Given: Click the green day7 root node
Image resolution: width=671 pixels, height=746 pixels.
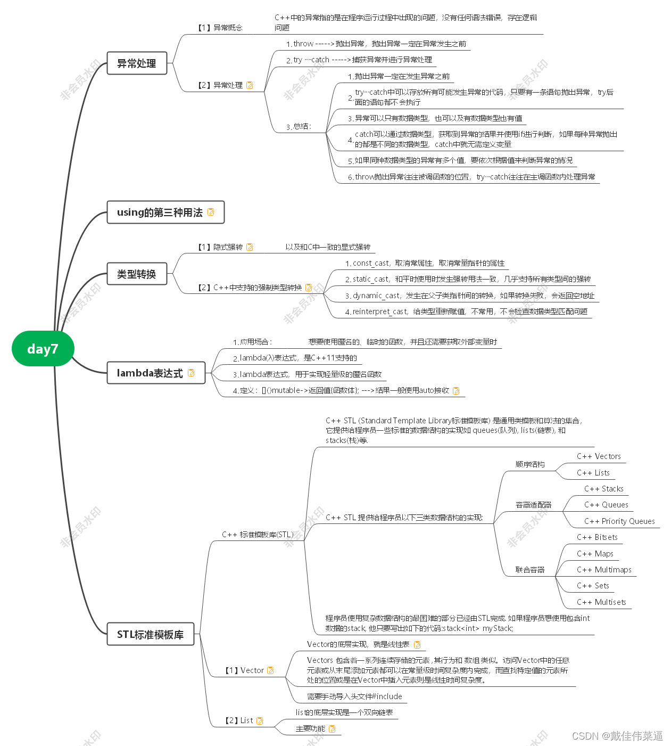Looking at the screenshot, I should [x=43, y=349].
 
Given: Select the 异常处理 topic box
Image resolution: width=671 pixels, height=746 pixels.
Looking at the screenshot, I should [x=137, y=63].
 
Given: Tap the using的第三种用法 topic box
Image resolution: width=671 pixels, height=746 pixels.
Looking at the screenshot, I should [x=160, y=212].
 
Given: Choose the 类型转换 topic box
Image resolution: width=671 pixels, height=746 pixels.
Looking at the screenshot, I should [x=137, y=274].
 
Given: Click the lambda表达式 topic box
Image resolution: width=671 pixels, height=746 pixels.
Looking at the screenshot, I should [x=150, y=373].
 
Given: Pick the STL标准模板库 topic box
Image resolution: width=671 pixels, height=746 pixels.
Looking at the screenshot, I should [x=150, y=635].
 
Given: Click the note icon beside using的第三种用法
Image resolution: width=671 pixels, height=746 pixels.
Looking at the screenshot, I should [x=211, y=212].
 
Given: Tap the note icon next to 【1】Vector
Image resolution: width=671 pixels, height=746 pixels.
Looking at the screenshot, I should [x=270, y=670].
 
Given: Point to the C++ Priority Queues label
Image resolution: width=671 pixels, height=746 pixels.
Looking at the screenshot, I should [x=619, y=521].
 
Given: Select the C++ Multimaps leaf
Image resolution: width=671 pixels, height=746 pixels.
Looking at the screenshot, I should [x=604, y=570].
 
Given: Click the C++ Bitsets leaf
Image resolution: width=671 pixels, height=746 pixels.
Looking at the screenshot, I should [x=597, y=537].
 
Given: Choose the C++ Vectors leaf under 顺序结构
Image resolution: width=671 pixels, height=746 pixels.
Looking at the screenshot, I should [x=599, y=456].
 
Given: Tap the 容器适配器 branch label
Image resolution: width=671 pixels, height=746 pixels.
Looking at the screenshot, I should [x=533, y=505].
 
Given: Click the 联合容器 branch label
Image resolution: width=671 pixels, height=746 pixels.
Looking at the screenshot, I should [x=530, y=570].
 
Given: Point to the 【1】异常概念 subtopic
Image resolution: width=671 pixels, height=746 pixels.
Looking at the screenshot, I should [x=220, y=28].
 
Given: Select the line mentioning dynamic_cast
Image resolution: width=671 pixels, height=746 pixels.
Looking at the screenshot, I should [x=469, y=296].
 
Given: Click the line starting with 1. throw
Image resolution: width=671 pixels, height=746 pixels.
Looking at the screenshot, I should [x=376, y=44].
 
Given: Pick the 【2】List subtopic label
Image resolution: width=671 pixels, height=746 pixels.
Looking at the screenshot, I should [x=239, y=720].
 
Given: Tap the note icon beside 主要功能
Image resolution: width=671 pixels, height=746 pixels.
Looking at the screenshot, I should [x=333, y=729].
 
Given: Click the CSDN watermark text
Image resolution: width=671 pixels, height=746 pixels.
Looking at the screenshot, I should [x=617, y=736].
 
